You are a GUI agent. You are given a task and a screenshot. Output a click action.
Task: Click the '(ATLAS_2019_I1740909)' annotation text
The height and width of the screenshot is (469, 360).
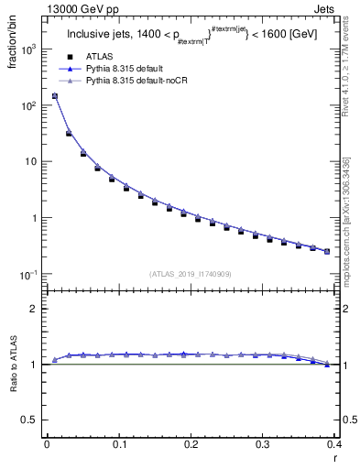pos(190,273)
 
